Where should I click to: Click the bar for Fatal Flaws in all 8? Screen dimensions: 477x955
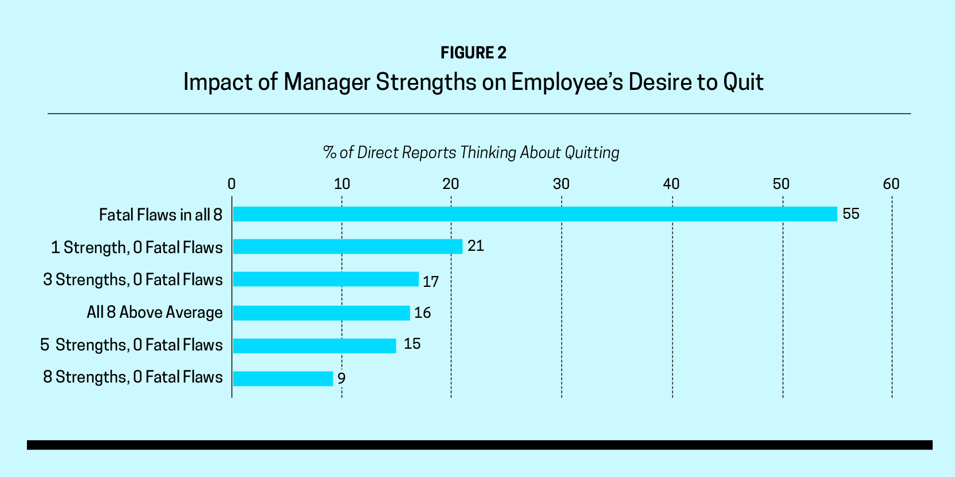535,214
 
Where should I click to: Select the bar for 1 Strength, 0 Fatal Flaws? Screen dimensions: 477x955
347,246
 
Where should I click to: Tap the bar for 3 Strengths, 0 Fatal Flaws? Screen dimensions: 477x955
325,279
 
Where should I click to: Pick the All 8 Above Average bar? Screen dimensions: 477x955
321,313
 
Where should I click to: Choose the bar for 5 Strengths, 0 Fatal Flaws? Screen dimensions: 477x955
314,345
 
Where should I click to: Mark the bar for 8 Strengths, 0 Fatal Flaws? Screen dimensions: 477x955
282,379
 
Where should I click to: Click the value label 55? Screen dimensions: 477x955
851,214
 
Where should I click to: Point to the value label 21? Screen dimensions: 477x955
475,246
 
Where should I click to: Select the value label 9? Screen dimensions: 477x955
341,379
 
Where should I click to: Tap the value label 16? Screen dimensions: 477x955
422,313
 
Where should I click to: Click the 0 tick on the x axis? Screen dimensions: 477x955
231,184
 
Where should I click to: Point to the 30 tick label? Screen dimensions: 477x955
561,184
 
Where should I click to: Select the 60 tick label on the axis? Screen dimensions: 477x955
891,184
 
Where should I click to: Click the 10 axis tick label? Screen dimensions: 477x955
341,184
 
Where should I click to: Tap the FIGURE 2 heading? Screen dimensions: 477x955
473,53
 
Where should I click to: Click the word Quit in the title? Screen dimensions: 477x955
743,82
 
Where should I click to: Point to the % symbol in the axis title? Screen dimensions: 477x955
329,152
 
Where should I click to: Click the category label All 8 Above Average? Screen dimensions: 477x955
155,313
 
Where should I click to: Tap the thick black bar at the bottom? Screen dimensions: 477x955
480,445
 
